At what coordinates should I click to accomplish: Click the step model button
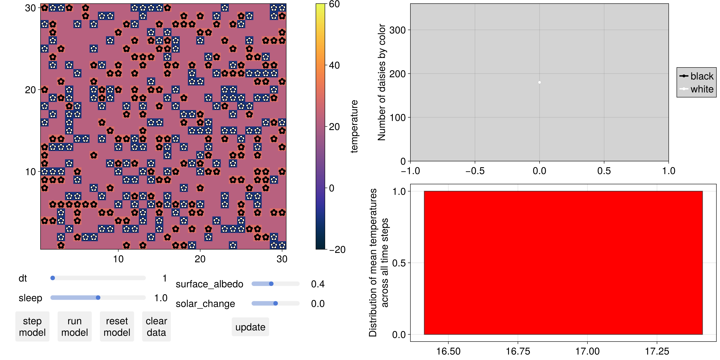coord(32,326)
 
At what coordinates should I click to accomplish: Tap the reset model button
coord(117,326)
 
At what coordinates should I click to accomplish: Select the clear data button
coord(156,326)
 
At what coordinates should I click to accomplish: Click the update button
coord(250,327)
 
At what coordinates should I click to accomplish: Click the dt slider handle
coord(53,278)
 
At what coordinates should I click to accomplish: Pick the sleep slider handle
coord(98,298)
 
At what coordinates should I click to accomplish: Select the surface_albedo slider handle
coord(271,284)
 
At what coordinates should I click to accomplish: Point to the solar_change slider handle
coord(276,304)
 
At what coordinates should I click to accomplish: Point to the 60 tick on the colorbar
coord(334,4)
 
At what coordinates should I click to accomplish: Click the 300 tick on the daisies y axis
coord(397,30)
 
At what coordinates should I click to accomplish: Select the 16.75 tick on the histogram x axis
coord(518,351)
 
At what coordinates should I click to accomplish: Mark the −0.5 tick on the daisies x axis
coord(475,171)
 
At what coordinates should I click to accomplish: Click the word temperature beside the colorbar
coord(354,126)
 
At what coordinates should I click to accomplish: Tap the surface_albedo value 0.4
coord(318,284)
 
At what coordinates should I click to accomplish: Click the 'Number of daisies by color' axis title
coord(382,82)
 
